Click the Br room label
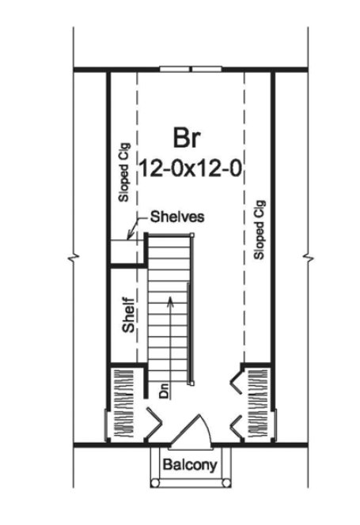point(187,138)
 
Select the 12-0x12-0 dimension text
point(190,168)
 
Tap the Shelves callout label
point(177,217)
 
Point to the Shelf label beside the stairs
point(128,315)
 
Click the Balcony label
point(190,464)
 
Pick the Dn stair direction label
point(165,390)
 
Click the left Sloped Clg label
point(124,173)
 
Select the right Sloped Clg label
point(260,229)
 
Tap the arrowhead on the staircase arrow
point(171,300)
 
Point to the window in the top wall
point(191,70)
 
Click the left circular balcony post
point(155,483)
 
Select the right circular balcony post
point(226,483)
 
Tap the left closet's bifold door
point(153,424)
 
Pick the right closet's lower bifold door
point(236,427)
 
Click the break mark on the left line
point(74,258)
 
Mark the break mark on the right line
point(308,258)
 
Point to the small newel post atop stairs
point(192,235)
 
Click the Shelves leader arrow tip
point(128,239)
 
